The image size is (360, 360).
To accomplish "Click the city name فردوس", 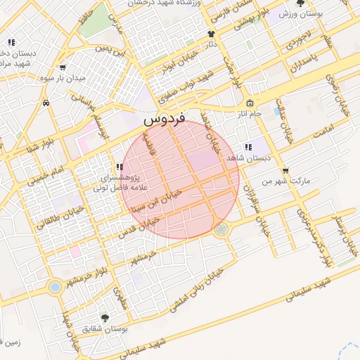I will pyautogui.click(x=164, y=120).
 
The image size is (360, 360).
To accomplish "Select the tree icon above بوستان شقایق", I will pyautogui.click(x=105, y=318).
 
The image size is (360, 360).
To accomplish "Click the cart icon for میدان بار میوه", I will pyautogui.click(x=63, y=67).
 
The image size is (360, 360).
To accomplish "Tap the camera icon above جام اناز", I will pyautogui.click(x=249, y=103).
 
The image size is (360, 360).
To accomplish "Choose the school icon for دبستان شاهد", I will pyautogui.click(x=247, y=147).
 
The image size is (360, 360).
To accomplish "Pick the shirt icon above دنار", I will pyautogui.click(x=211, y=33).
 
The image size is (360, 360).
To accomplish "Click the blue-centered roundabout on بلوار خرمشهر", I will pyautogui.click(x=55, y=287).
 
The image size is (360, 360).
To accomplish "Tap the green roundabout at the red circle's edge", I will pyautogui.click(x=222, y=229).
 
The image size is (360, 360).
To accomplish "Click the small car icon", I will pyautogui.click(x=46, y=103).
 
